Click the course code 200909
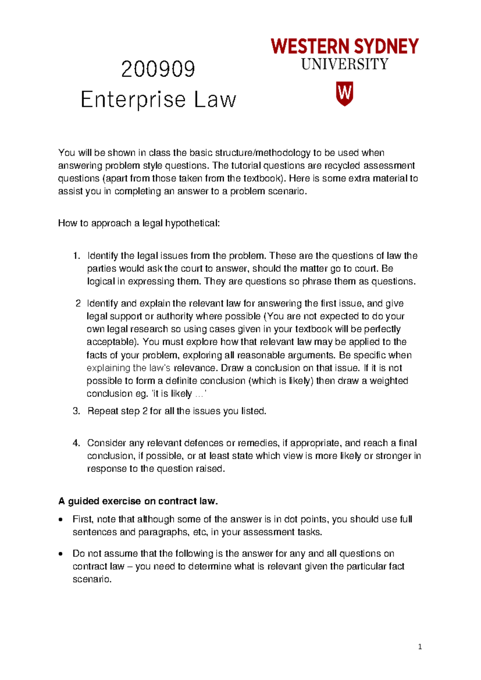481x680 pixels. (158, 69)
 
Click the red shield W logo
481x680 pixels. (344, 94)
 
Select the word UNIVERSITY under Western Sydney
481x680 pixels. (345, 64)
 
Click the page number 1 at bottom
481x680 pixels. (420, 646)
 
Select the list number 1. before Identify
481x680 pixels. (77, 256)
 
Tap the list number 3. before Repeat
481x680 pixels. (77, 411)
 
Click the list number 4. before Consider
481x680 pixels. (77, 443)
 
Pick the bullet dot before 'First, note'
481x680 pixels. (61, 520)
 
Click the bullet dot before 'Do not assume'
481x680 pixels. (61, 554)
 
